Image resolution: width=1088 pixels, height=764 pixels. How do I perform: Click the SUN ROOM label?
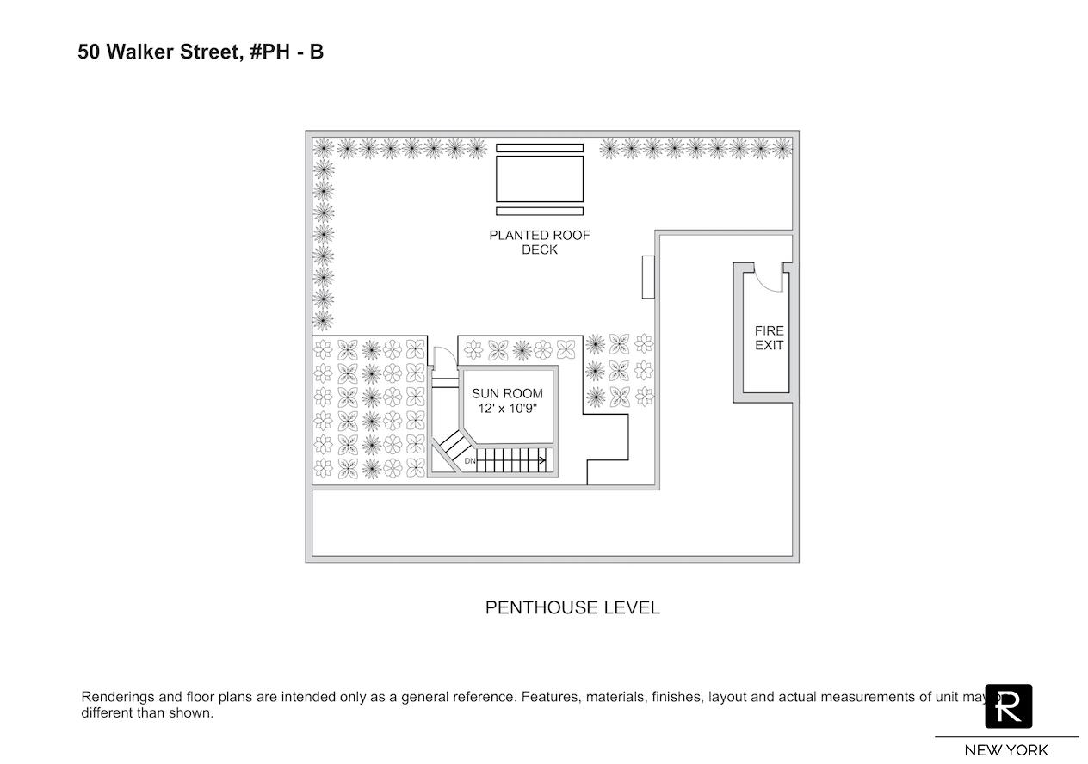click(507, 394)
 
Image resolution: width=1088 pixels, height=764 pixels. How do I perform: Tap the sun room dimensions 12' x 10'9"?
click(507, 410)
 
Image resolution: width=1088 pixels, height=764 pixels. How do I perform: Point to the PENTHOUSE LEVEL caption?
click(572, 607)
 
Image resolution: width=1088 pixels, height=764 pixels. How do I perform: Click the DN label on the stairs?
click(470, 461)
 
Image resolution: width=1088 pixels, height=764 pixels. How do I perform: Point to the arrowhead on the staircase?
click(543, 461)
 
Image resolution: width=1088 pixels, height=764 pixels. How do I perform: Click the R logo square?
click(1009, 706)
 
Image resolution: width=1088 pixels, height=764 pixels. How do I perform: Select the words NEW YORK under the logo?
click(1006, 750)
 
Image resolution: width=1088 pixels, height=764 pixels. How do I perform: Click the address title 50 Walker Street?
click(155, 52)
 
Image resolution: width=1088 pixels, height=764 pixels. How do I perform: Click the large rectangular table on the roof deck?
click(540, 179)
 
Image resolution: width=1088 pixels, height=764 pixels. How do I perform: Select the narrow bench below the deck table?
click(540, 211)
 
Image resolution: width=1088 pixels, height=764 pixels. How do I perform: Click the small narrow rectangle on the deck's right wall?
click(647, 277)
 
